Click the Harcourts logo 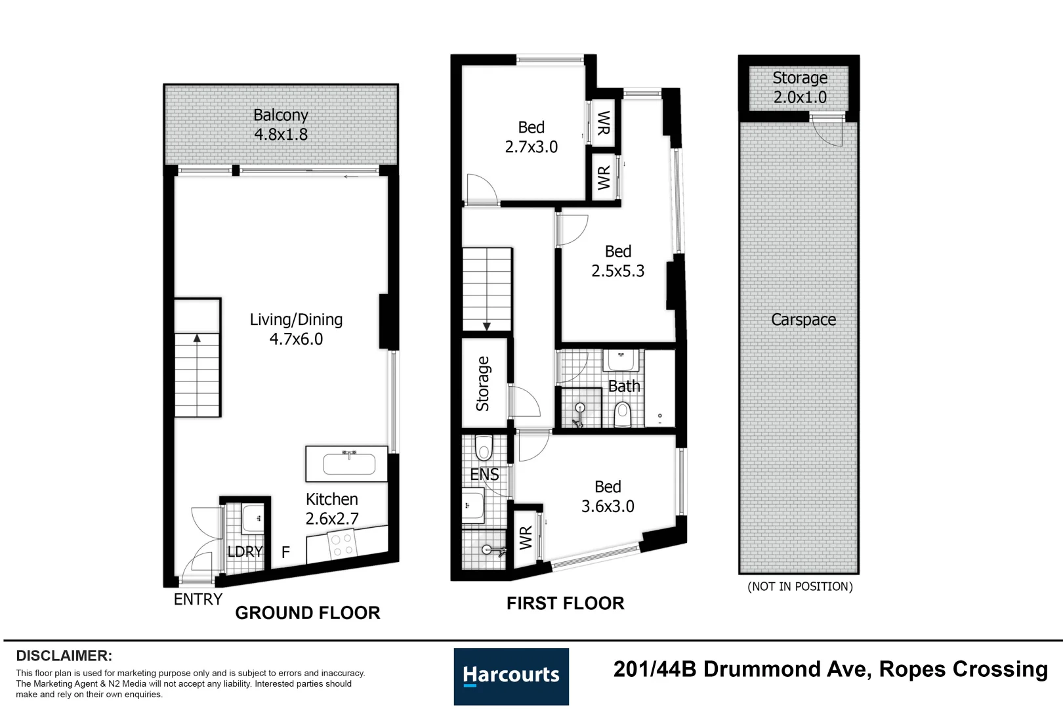click(x=511, y=676)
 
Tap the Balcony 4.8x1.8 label click(x=281, y=125)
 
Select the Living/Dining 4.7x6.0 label click(x=296, y=329)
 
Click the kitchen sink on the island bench click(x=348, y=464)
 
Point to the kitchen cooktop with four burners click(x=342, y=546)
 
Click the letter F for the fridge click(x=285, y=553)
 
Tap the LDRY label click(x=245, y=551)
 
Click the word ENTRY click(x=198, y=599)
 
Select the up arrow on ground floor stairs click(x=197, y=339)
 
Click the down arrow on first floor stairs click(x=487, y=326)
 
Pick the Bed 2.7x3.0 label click(x=531, y=137)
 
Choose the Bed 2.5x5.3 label click(x=617, y=261)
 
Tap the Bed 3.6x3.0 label click(x=608, y=496)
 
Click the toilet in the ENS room click(x=484, y=448)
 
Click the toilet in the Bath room click(x=622, y=414)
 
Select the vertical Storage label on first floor click(x=483, y=384)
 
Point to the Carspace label click(x=803, y=320)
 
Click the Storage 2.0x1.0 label click(x=799, y=87)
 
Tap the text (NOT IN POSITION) click(x=800, y=587)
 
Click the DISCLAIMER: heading click(x=64, y=656)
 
